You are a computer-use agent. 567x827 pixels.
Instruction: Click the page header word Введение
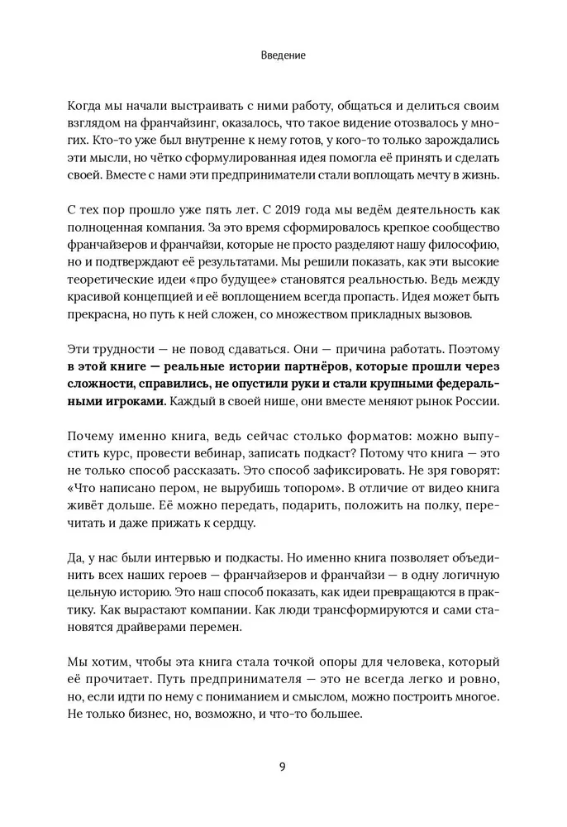283,56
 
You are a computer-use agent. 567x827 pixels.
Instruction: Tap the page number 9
283,766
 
